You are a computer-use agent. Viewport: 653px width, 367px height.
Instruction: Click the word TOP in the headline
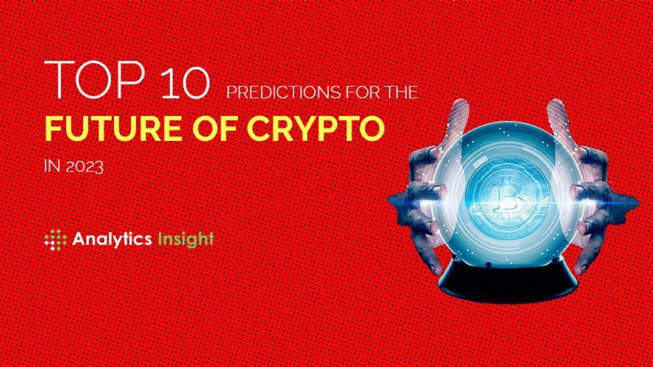[x=94, y=80]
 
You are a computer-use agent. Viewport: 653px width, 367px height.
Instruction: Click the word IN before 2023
[x=50, y=167]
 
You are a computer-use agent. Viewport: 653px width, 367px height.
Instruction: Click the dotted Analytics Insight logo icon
[x=55, y=240]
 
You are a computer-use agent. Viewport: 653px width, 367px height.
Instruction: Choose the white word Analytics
[x=112, y=239]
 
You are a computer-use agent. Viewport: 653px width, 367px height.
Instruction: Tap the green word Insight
[x=185, y=239]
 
